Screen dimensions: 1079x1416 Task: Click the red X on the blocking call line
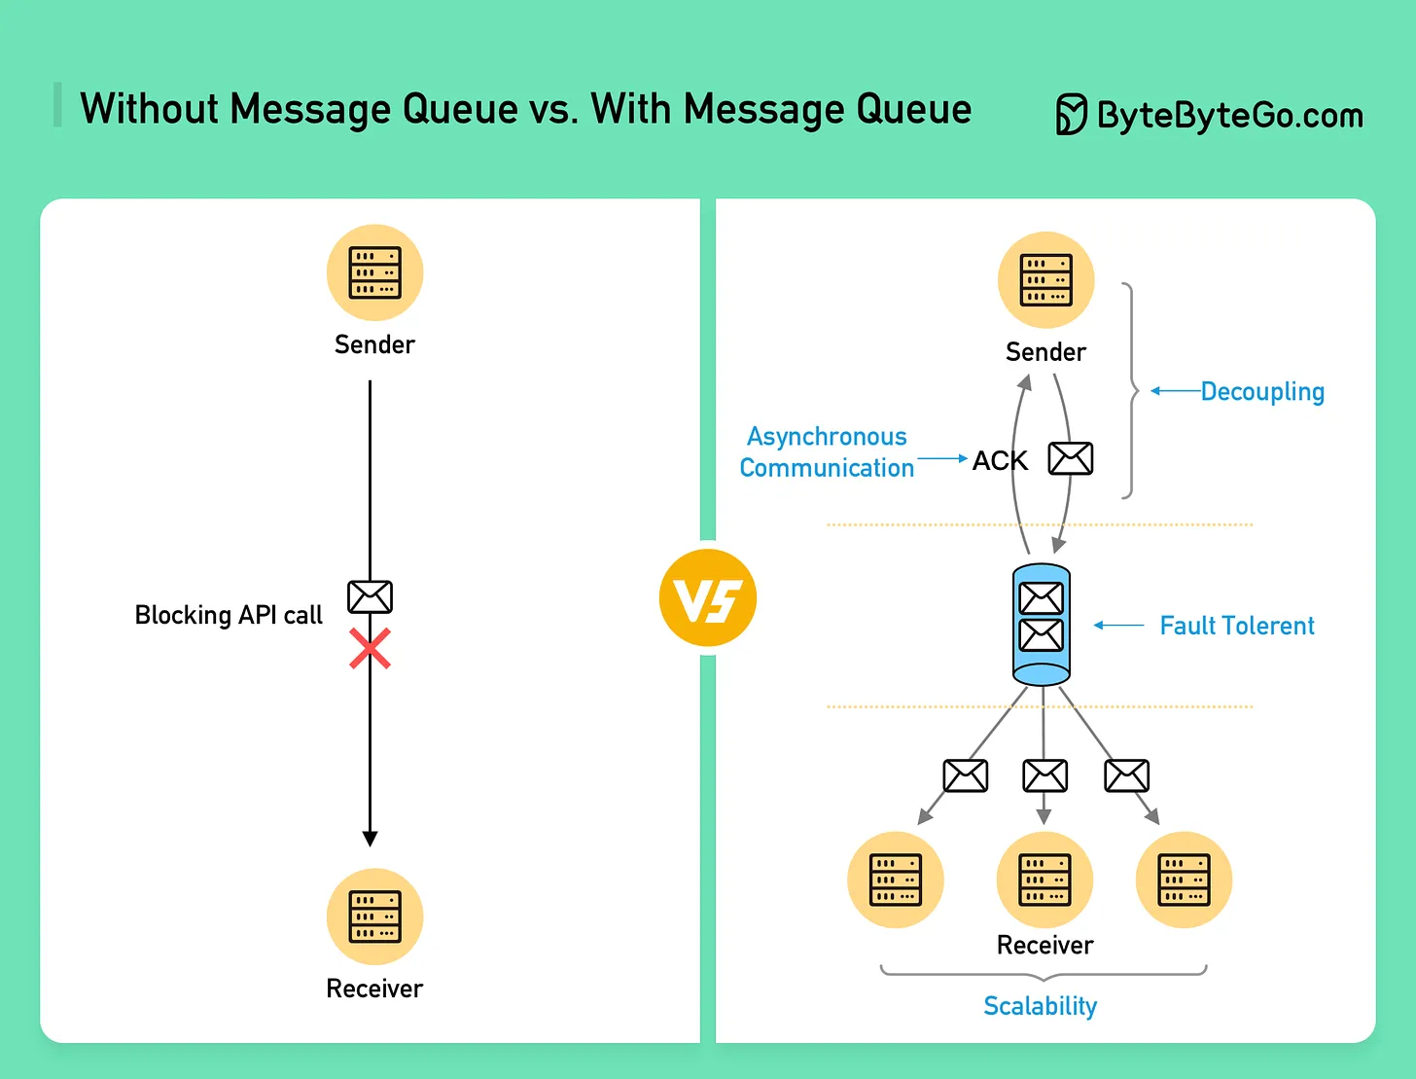370,649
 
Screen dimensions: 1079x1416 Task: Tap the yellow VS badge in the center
707,598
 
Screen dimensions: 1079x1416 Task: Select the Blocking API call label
229,615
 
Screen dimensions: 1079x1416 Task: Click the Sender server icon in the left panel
374,272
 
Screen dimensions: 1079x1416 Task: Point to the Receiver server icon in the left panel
374,917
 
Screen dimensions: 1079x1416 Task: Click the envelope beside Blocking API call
370,596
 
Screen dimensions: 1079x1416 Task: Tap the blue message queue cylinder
1041,625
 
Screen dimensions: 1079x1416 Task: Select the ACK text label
1000,460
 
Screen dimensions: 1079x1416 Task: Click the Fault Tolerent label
1236,626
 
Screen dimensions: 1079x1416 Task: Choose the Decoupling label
1262,391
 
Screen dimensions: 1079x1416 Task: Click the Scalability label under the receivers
1040,1005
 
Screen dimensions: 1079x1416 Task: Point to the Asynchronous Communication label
827,452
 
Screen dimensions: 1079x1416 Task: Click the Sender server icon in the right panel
1045,280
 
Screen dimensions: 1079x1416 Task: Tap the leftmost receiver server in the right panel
895,880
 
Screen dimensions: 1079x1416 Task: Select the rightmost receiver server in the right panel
1184,880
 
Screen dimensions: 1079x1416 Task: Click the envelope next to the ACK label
1070,458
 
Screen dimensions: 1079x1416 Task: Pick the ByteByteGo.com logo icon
1071,115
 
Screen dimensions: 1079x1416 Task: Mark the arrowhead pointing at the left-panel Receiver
370,839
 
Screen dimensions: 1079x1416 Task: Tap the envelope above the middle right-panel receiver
1044,776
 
